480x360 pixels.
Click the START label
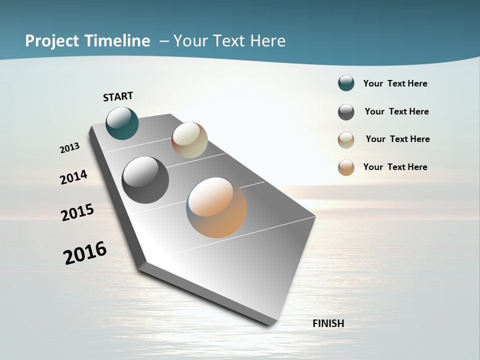click(x=118, y=96)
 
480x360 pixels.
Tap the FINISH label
click(x=328, y=323)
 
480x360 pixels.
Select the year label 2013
click(x=70, y=148)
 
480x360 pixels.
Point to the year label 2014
click(x=74, y=177)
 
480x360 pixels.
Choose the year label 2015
click(x=77, y=212)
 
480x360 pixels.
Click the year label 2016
click(x=85, y=252)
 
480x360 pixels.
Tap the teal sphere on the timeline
click(x=122, y=123)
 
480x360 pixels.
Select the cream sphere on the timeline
click(x=189, y=140)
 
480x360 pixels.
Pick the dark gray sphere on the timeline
click(x=145, y=179)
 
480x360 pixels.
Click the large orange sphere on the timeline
click(x=216, y=207)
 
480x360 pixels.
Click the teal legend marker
click(x=346, y=83)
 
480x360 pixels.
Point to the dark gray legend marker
click(x=346, y=112)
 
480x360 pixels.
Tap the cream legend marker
click(x=346, y=140)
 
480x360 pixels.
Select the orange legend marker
click(x=346, y=167)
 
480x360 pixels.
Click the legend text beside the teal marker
click(x=395, y=83)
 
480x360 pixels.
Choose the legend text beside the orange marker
click(x=395, y=167)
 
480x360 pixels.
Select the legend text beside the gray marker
click(x=396, y=111)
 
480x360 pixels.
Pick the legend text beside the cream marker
click(x=397, y=139)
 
